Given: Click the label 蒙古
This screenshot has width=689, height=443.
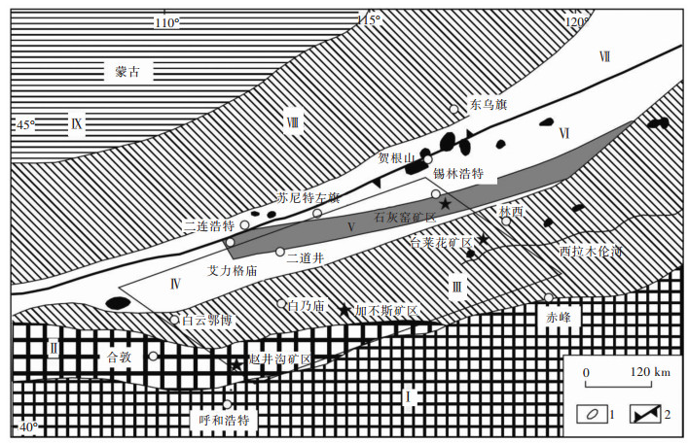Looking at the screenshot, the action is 126,70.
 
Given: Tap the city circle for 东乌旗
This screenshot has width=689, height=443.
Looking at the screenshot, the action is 453,109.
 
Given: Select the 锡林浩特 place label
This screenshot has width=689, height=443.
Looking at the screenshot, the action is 458,176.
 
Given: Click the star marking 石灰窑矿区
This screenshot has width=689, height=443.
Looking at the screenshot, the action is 445,204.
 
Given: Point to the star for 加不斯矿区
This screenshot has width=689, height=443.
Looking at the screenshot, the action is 344,309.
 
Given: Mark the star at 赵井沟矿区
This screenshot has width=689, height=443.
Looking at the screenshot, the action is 236,365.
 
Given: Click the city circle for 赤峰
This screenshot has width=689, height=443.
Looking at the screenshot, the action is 549,298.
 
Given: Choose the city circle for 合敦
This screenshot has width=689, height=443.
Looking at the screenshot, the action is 153,356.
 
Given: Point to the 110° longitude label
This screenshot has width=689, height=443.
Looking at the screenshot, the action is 166,21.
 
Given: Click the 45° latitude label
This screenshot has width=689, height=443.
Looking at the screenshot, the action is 25,124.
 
